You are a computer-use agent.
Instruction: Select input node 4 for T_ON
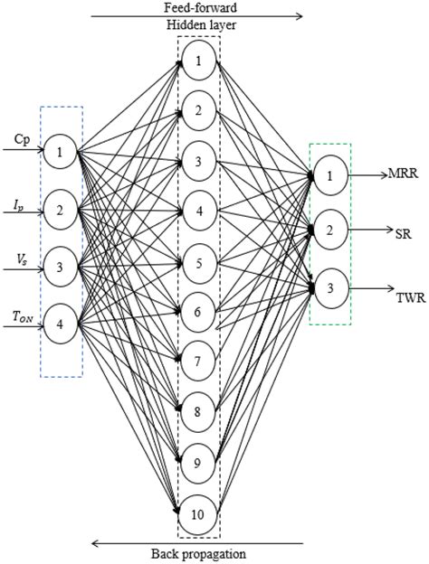[61, 324]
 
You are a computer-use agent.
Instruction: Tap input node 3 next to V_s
[61, 266]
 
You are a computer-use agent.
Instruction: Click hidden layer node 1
[198, 62]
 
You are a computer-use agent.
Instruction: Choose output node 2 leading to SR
[329, 230]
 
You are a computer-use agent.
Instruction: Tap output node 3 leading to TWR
[329, 287]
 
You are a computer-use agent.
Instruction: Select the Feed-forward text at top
[199, 6]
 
